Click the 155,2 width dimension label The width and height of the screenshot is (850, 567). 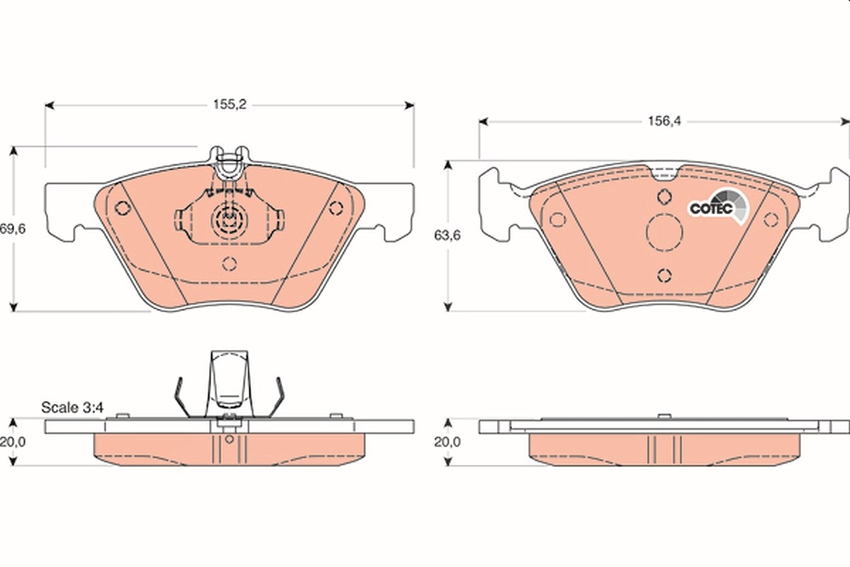(229, 104)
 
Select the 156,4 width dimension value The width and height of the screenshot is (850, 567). (664, 120)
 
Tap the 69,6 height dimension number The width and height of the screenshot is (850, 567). (13, 229)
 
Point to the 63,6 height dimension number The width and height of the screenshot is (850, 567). (448, 235)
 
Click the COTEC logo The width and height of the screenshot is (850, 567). (720, 208)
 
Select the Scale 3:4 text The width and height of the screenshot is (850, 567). (72, 408)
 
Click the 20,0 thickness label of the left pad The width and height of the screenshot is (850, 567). (13, 442)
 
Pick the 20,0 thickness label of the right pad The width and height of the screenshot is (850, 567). (448, 442)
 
